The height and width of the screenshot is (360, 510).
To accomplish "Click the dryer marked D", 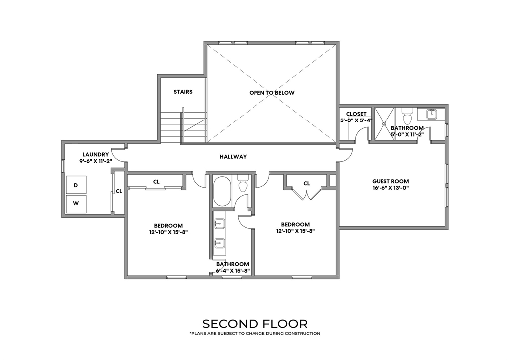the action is coord(76,185).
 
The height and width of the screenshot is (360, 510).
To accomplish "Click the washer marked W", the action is coord(76,204).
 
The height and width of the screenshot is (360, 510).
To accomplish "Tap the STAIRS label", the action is coord(183,92).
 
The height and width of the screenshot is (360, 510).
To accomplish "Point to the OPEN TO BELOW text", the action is coord(272,93).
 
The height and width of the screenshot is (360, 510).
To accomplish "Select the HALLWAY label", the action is coord(233,157).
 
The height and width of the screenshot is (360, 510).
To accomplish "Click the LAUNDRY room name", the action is coord(95,155).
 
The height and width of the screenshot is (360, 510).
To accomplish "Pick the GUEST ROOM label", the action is coord(390,181).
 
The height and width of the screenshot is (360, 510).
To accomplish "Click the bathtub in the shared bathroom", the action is coord(222,191).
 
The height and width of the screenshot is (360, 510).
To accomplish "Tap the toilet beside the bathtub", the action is coord(243,183).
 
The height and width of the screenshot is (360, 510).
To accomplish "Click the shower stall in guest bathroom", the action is coord(384,123).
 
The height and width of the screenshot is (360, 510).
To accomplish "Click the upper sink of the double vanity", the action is coord(220,224).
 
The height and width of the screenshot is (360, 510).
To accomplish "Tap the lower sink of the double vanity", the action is coord(220,242).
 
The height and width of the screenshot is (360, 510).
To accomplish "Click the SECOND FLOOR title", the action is coord(255,324).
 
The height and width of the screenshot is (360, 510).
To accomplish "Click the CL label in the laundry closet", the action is coord(119,191).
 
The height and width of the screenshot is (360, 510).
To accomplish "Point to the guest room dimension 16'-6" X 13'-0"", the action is coord(390,188).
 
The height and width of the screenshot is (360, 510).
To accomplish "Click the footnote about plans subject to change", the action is coord(255,333).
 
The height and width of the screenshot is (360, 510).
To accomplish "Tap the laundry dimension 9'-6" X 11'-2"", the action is coord(94,161).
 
